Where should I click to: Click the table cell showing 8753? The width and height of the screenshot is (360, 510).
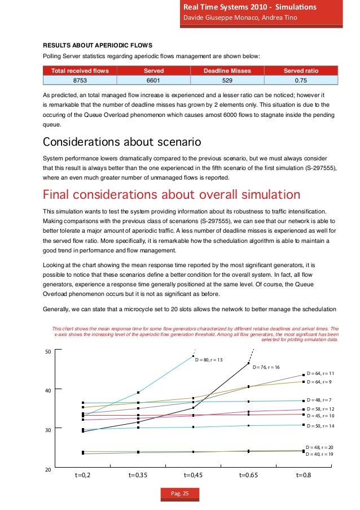coord(80,81)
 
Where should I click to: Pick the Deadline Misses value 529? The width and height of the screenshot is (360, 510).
coord(227,81)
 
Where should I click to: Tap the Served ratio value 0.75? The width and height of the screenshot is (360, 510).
coord(301,81)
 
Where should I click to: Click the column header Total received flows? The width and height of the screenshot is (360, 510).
coord(80,71)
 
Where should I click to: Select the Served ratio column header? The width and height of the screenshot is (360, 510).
coord(301,71)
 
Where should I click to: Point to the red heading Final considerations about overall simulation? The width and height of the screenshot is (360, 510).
coord(172,195)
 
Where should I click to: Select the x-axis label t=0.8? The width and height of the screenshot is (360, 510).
coord(304,476)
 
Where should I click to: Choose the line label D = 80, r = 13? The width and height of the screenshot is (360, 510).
coord(209,360)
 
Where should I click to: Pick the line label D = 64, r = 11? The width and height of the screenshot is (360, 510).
coord(320,374)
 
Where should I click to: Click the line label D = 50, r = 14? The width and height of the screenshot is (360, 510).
coord(320,425)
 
